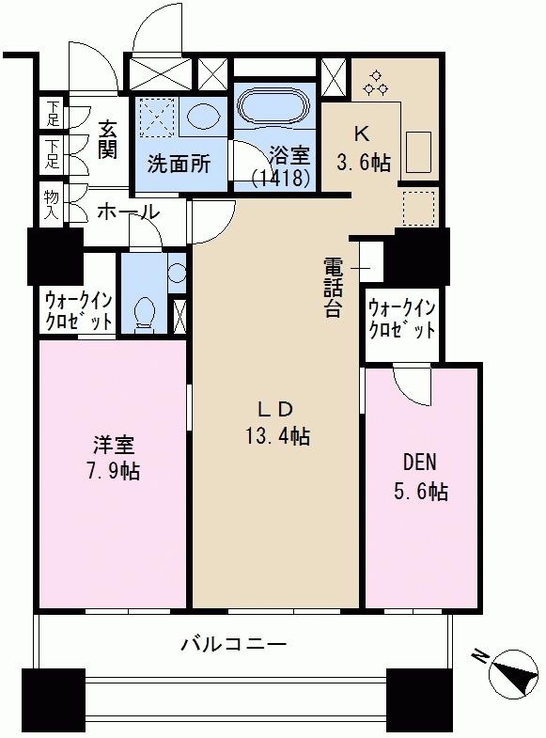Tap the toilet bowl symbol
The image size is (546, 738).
click(145, 312)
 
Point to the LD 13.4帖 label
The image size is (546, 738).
click(276, 423)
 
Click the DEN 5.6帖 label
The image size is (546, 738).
click(420, 477)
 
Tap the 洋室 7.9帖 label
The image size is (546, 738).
click(114, 458)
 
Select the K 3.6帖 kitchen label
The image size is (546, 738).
click(363, 149)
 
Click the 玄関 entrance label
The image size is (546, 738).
click(107, 140)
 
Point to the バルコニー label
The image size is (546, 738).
click(233, 643)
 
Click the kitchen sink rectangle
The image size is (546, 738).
click(418, 152)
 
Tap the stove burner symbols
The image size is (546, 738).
click(375, 83)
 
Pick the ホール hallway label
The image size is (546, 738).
click(128, 212)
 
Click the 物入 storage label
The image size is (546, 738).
click(52, 205)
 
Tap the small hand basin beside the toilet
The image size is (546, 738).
click(177, 273)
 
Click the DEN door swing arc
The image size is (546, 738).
click(412, 387)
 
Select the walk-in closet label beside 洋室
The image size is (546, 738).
click(79, 310)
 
